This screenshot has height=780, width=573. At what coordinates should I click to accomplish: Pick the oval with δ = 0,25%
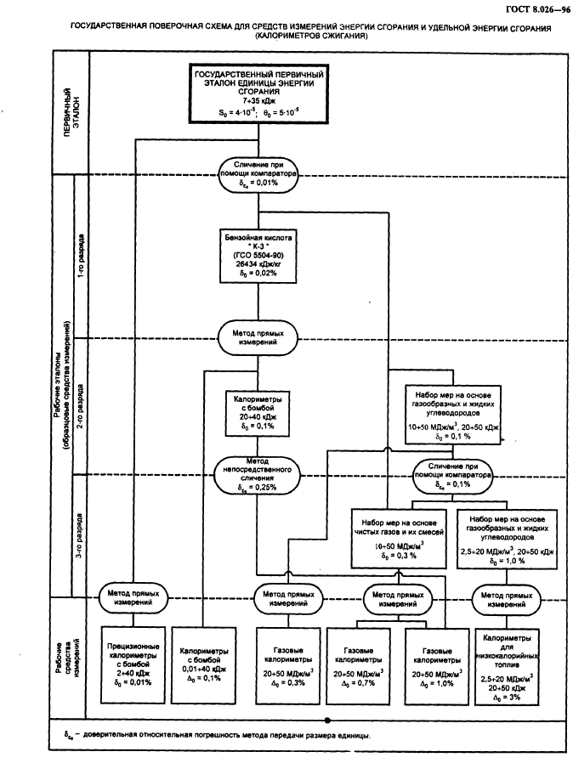pyautogui.click(x=257, y=478)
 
